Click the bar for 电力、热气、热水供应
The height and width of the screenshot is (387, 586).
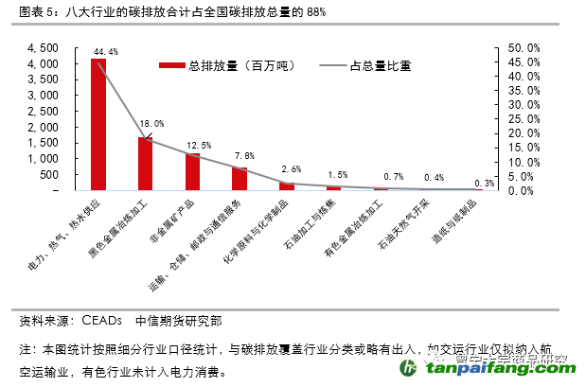coord(98,124)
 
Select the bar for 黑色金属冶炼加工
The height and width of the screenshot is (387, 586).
coord(145,164)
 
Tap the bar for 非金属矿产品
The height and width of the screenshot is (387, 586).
coord(192,171)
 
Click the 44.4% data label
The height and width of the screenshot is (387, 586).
coord(106,51)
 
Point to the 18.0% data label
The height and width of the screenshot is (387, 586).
coord(152,124)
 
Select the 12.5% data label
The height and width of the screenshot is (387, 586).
coord(199,145)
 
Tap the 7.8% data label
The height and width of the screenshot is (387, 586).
coord(244,155)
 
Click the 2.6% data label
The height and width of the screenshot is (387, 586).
coord(292,169)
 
